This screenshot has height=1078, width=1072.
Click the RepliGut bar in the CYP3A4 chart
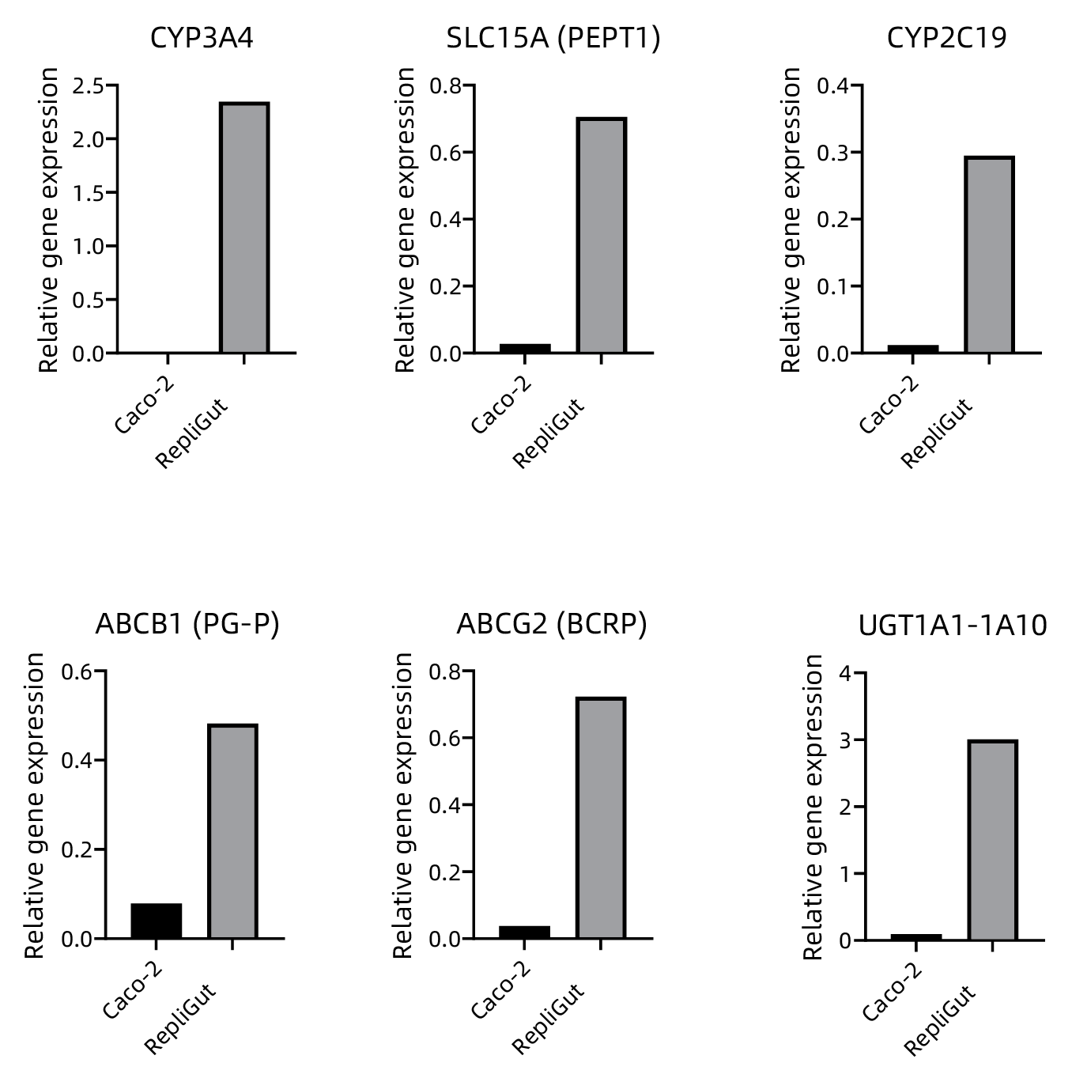coord(244,228)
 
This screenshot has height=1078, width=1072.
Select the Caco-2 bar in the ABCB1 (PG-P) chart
coord(157,921)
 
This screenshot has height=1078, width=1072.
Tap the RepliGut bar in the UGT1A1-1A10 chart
coord(992,840)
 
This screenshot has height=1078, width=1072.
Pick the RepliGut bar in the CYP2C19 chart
coord(989,254)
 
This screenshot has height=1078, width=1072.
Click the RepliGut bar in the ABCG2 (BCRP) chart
coord(601,818)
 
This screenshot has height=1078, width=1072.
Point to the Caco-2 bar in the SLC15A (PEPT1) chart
coord(525,348)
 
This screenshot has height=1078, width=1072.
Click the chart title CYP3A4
coord(202,38)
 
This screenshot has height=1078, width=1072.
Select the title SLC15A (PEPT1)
coord(553,38)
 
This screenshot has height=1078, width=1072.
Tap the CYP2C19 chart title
coord(946,38)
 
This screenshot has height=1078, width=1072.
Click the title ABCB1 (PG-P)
coord(187,624)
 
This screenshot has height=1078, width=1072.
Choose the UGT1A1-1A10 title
coord(953,626)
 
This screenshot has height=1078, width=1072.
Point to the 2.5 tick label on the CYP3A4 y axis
coord(88,85)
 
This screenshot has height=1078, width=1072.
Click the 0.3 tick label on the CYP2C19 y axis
coord(833,152)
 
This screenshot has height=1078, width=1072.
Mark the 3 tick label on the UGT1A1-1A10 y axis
coord(847,740)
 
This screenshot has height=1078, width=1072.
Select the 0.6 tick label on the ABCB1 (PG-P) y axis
coord(77,671)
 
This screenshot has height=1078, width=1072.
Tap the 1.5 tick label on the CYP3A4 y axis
coord(88,193)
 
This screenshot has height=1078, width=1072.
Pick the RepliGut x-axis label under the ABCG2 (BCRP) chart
coord(548,1019)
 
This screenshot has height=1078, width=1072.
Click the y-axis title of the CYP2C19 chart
coord(791,219)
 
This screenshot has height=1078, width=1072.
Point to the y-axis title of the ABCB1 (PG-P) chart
coord(34,805)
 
